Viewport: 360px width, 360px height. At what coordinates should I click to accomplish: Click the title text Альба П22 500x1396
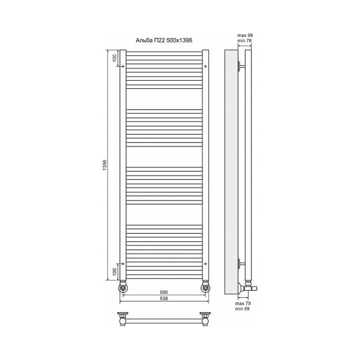(x=164, y=41)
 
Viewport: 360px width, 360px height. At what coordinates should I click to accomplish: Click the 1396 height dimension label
(x=105, y=165)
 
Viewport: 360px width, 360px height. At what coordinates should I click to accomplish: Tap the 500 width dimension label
(x=164, y=292)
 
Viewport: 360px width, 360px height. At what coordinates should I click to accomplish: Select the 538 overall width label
(x=164, y=298)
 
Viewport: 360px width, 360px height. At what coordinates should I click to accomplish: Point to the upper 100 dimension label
(x=115, y=58)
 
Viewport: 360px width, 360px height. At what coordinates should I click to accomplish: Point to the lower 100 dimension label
(x=115, y=272)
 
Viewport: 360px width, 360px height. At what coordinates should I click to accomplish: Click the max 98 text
(x=245, y=35)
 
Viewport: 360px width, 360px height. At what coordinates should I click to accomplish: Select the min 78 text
(x=245, y=41)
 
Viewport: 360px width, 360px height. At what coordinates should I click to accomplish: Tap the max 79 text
(x=243, y=303)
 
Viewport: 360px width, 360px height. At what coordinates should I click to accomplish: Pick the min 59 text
(x=242, y=309)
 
